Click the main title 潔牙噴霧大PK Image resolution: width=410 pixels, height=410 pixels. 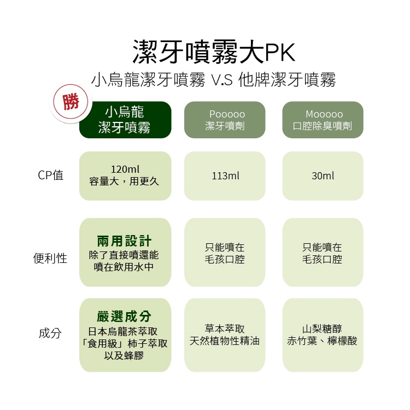pos(214,52)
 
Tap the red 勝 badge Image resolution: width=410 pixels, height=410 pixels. pos(71,102)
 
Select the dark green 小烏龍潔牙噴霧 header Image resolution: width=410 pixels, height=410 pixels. pos(125,120)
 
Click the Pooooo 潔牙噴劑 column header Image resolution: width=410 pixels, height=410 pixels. pos(225,120)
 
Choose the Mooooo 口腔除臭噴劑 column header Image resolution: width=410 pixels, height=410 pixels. pos(323,120)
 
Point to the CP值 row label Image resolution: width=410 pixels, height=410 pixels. pos(51,175)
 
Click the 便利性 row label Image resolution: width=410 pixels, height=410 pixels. pos(50,259)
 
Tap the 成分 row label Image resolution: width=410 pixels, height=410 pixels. pos(50,333)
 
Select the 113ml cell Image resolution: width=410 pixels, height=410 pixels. pos(225,176)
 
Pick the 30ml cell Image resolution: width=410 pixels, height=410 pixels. pos(323,176)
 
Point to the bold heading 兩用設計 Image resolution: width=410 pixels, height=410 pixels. pos(125,241)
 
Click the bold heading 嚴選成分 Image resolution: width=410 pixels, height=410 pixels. pos(125,317)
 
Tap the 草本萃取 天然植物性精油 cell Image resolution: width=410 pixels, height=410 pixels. pos(225,335)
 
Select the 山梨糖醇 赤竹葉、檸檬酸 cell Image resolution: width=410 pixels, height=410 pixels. pos(323,335)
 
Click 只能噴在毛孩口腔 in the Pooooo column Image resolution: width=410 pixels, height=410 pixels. pos(225,253)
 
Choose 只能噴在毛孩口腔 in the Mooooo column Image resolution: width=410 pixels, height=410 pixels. pos(323,253)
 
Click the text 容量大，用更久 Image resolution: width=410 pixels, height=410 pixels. pos(125,181)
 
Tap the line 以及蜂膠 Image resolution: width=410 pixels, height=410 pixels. pos(125,356)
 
